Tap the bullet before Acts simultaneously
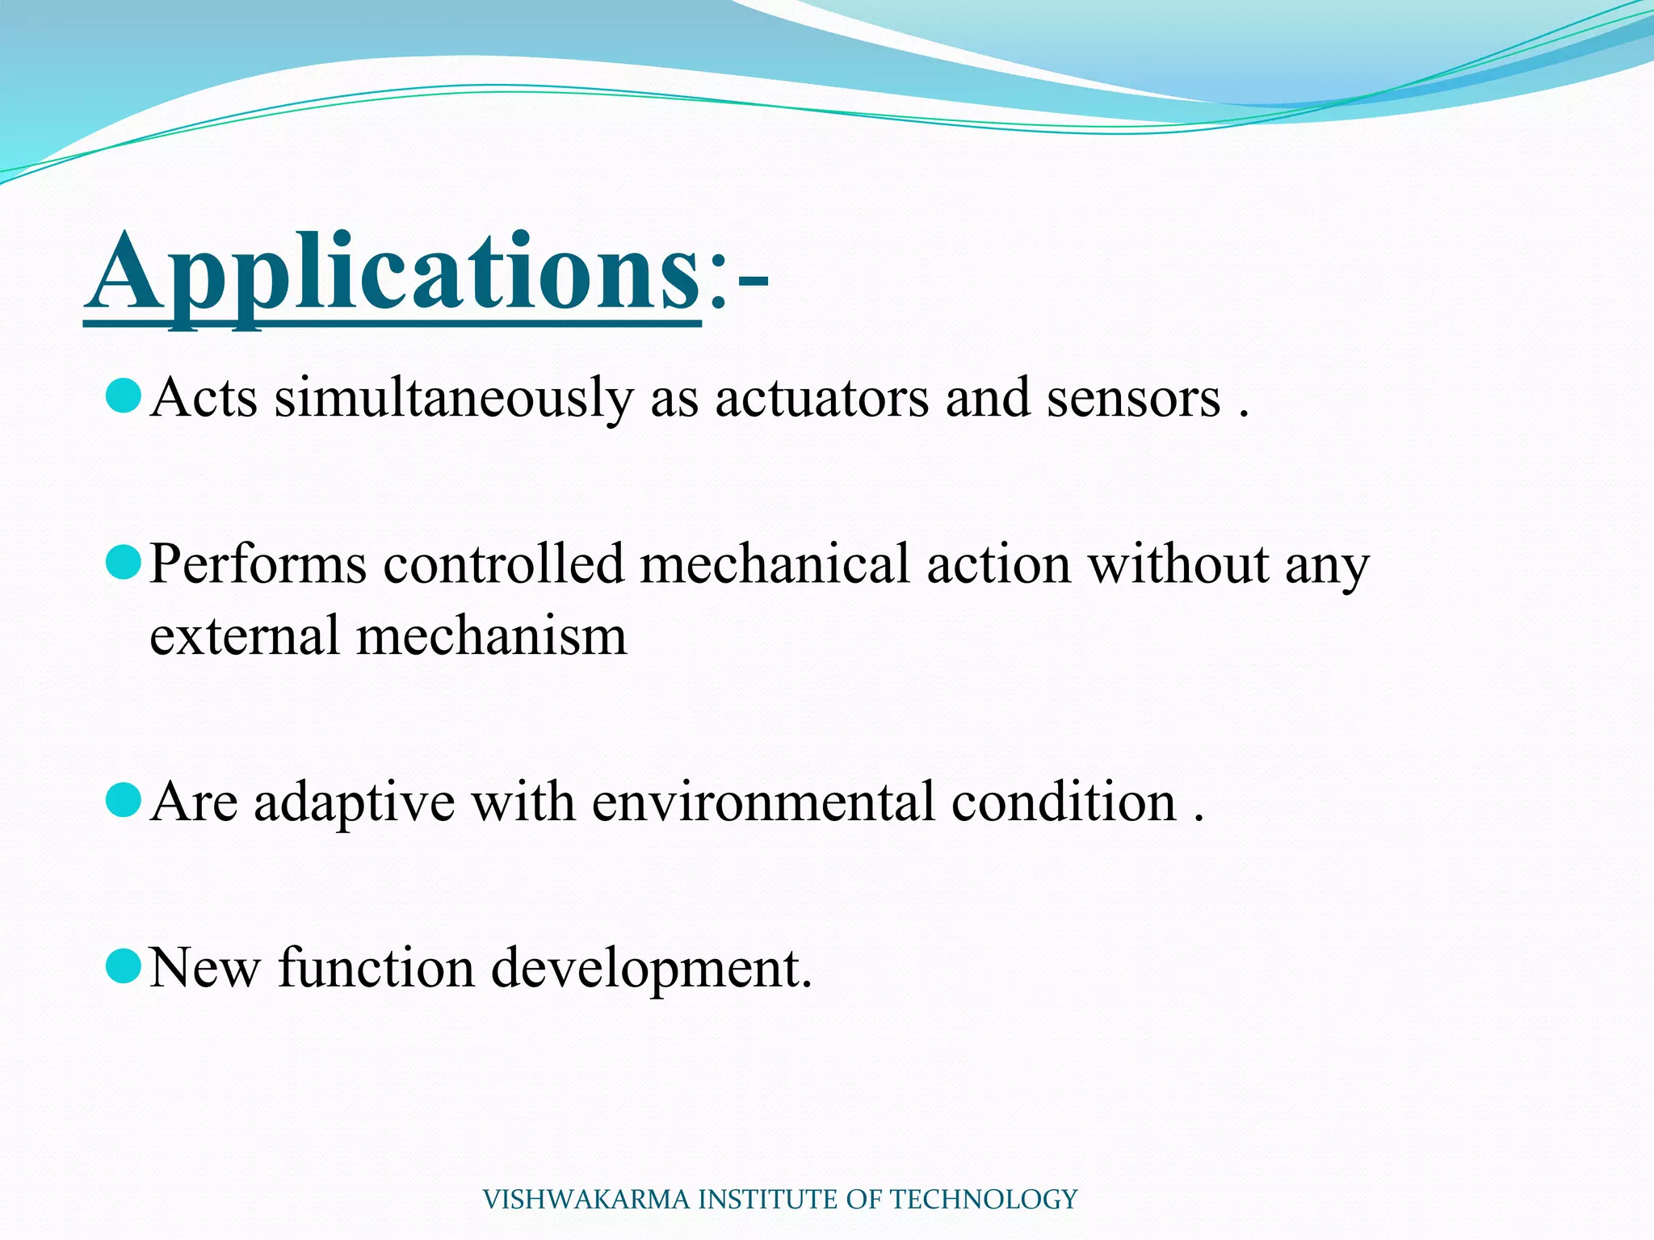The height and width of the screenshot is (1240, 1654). (x=124, y=396)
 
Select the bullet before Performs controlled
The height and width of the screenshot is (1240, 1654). (x=124, y=562)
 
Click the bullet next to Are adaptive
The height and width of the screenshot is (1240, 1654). (x=124, y=800)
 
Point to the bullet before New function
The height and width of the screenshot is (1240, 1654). (x=124, y=966)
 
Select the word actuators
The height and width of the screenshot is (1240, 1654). (x=821, y=398)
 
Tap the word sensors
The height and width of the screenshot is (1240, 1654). (x=1133, y=398)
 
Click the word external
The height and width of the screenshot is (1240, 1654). (x=244, y=635)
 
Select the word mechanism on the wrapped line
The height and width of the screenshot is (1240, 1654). (x=491, y=635)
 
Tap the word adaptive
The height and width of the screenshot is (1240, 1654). (x=354, y=802)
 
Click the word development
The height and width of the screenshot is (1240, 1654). (x=650, y=969)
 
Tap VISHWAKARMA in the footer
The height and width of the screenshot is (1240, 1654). (x=587, y=1200)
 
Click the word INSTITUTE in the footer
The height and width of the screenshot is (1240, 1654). (x=768, y=1200)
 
